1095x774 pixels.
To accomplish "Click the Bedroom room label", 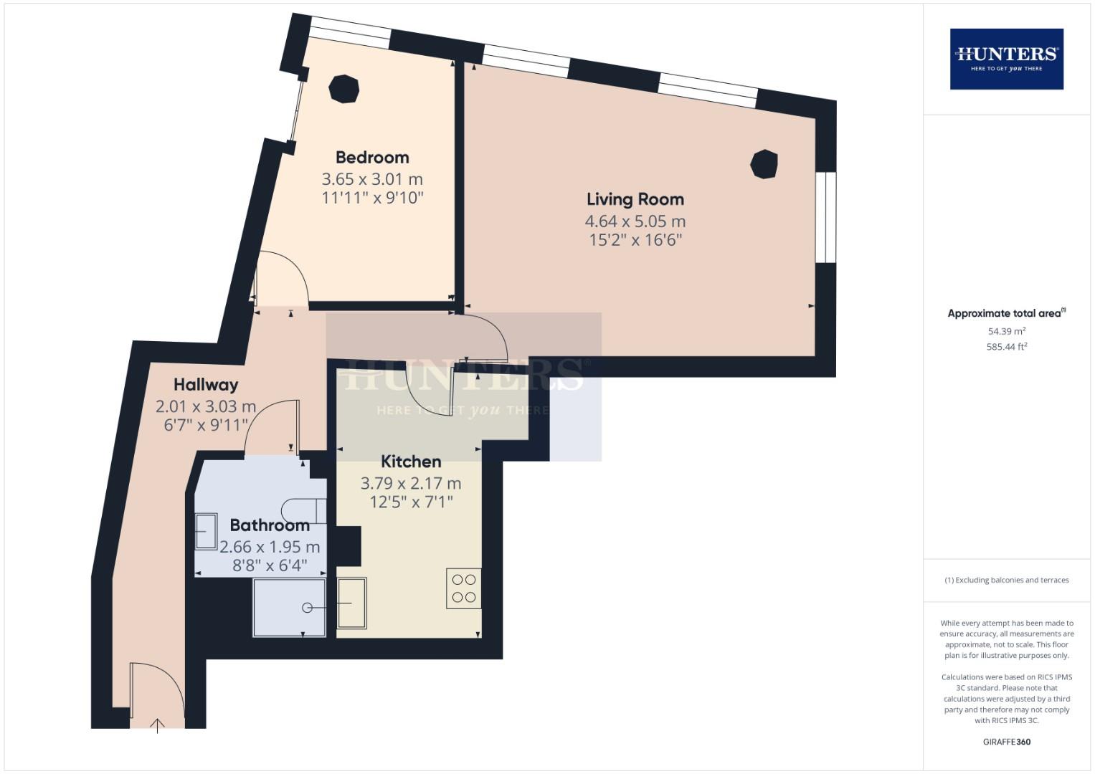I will point(372,158).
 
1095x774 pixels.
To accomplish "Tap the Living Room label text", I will point(635,199).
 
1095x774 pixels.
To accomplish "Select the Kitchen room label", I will point(410,462).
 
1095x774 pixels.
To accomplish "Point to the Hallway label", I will point(205,386).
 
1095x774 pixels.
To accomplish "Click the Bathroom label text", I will point(270,525).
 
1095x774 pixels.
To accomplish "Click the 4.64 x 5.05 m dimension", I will point(635,221).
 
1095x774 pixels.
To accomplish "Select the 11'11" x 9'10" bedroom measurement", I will point(372,198).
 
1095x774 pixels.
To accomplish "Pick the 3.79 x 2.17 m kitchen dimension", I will point(410,484).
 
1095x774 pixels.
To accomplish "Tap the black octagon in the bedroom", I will point(343,90).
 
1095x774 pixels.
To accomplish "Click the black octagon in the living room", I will point(764,164).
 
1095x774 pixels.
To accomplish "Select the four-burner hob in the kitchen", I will point(463,588).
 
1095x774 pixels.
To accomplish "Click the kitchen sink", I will point(352,603).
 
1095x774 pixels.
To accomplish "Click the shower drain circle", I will point(308,608).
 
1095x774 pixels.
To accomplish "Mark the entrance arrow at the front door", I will point(158,725).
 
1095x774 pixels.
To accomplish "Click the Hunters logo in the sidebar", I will point(1006,59).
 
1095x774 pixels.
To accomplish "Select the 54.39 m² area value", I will point(1006,331).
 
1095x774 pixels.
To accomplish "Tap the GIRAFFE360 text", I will point(1006,742).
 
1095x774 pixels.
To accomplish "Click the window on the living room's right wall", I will point(825,217).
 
